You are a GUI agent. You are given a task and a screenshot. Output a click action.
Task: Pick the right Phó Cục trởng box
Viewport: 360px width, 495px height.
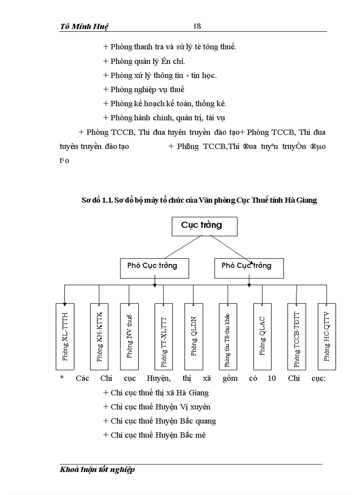click(x=249, y=266)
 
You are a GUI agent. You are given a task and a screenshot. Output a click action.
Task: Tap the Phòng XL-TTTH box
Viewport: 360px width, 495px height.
click(x=65, y=336)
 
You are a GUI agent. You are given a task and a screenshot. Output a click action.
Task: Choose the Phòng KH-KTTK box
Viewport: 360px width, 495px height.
click(x=99, y=336)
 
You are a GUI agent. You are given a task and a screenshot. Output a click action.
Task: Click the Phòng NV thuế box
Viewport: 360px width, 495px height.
click(x=129, y=336)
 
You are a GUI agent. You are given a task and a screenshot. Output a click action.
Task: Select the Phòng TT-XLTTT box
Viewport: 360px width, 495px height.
click(x=164, y=336)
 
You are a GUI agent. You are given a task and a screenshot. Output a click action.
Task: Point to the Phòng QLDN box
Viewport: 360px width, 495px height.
click(x=194, y=336)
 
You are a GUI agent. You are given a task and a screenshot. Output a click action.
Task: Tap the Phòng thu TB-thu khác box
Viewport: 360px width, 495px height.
click(x=228, y=336)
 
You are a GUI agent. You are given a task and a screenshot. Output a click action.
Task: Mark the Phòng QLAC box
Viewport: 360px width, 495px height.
click(x=262, y=336)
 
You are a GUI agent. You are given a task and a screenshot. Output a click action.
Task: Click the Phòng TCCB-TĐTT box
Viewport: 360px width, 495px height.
click(x=296, y=336)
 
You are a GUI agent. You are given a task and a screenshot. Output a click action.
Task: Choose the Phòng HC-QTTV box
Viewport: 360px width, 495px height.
click(x=326, y=336)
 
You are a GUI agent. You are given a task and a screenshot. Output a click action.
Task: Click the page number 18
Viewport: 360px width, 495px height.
click(x=197, y=26)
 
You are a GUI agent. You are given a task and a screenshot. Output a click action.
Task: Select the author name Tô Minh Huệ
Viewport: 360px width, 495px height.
click(x=84, y=26)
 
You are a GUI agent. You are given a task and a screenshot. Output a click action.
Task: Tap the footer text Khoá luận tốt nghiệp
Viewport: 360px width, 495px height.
click(x=97, y=469)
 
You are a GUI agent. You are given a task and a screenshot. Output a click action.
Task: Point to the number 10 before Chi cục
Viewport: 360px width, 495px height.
click(x=272, y=378)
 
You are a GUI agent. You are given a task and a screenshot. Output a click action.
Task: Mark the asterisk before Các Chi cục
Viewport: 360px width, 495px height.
click(x=62, y=378)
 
